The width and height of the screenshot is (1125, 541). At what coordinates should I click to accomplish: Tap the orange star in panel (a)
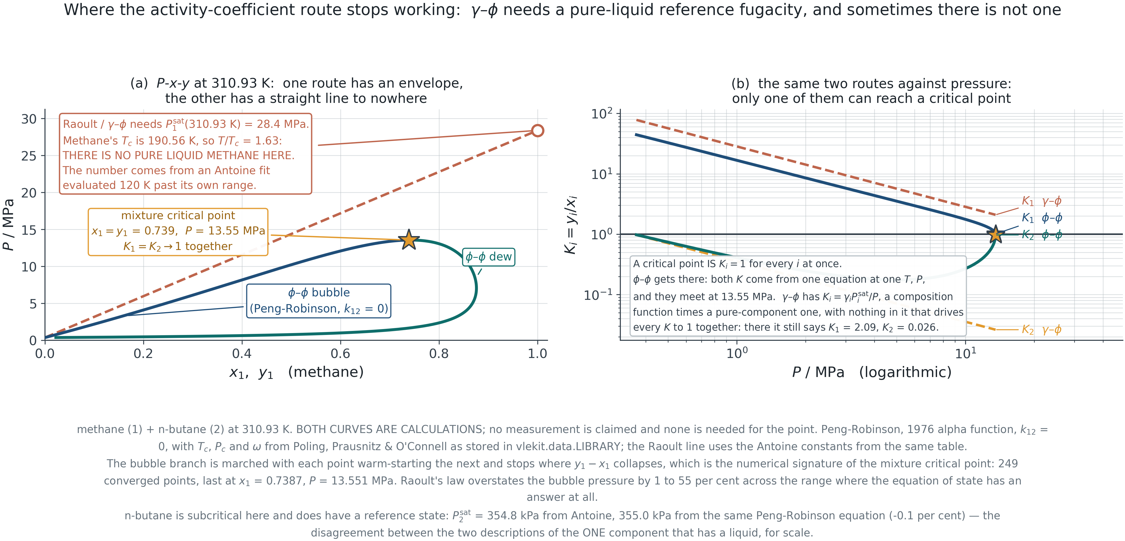coord(409,240)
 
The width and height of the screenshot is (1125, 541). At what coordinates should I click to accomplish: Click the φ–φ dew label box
coord(489,257)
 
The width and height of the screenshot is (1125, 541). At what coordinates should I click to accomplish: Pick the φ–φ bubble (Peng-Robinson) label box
coord(319,301)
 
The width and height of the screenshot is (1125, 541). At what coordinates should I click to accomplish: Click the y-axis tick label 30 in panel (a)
coord(29,119)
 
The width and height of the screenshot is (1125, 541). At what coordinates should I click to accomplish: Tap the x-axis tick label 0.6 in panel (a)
coord(340,353)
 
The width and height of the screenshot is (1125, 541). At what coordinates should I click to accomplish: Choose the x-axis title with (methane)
coord(297,372)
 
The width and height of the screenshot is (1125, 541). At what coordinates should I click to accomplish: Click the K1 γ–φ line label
coord(1041,201)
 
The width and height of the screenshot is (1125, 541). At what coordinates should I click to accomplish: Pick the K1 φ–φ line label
coord(1041,218)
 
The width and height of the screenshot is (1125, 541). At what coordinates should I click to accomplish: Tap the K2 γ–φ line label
coord(1041,330)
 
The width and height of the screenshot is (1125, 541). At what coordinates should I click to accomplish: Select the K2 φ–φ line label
coord(1041,235)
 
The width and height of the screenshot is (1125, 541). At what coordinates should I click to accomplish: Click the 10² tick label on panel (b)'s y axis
coord(602,114)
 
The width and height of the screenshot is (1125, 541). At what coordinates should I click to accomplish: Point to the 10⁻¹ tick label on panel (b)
coord(598,295)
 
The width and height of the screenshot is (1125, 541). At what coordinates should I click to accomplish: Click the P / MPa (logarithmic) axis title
coord(872,372)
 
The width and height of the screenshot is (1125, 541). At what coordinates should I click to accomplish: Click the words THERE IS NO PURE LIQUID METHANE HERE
coord(179,156)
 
